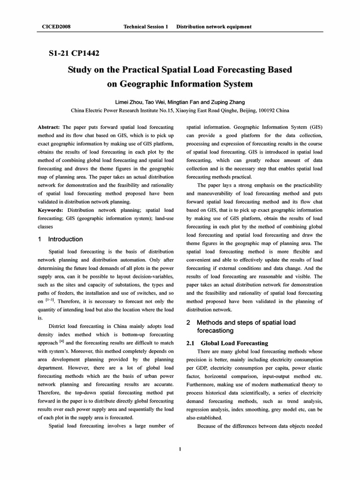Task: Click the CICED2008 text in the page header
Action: [54, 27]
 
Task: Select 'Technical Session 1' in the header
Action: [145, 27]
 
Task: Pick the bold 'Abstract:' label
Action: [49, 127]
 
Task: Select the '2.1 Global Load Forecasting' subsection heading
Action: [227, 343]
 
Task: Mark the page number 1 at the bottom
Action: [180, 450]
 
